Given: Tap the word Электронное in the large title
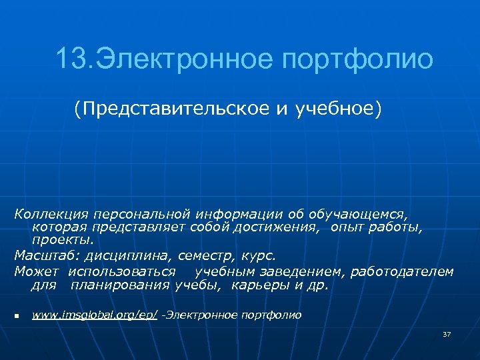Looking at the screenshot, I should pyautogui.click(x=185, y=59).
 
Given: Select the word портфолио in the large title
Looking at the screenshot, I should pyautogui.click(x=357, y=59).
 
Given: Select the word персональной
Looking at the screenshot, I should pyautogui.click(x=141, y=215).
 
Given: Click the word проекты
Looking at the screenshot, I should pyautogui.click(x=62, y=240).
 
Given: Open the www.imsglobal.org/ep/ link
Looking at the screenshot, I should pyautogui.click(x=95, y=315).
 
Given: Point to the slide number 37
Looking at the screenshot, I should pyautogui.click(x=446, y=333).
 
